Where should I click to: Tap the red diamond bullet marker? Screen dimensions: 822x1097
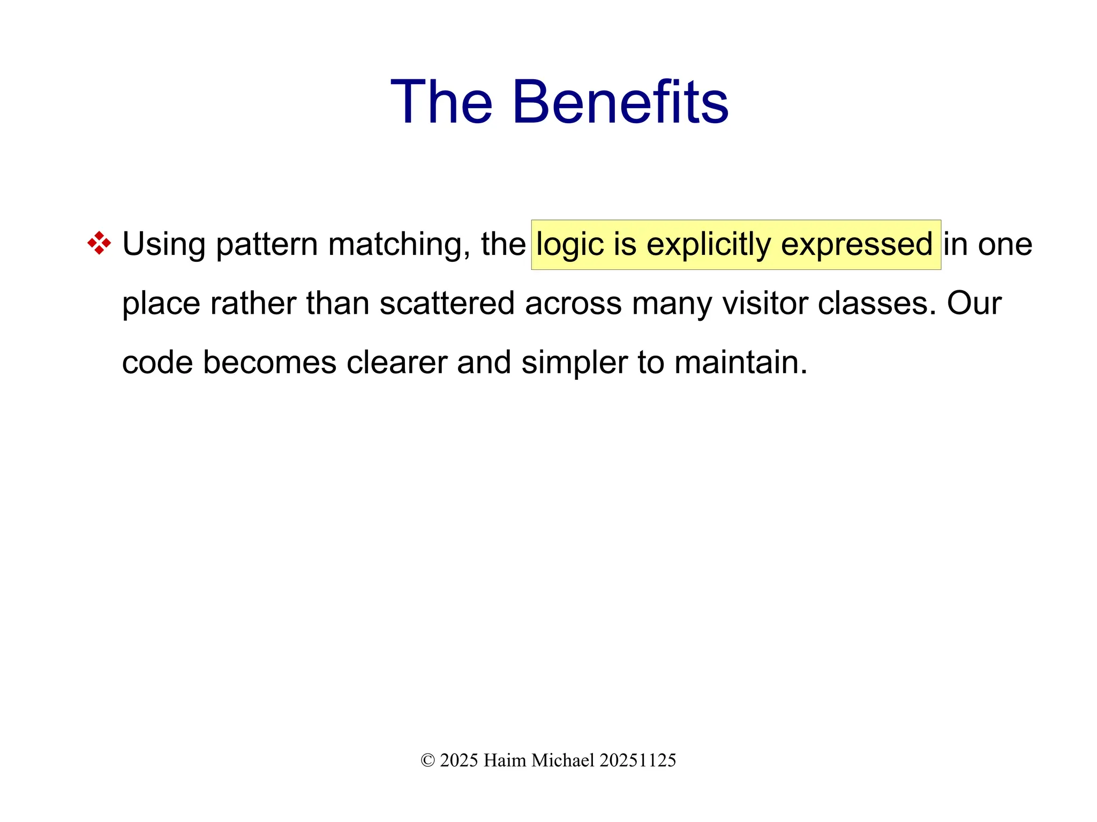point(99,243)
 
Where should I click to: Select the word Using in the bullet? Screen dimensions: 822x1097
point(163,245)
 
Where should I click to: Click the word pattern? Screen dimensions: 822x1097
point(267,245)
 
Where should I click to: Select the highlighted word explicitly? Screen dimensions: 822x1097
point(709,245)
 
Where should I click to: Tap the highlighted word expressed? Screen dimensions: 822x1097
point(856,245)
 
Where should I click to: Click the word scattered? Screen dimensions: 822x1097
point(447,303)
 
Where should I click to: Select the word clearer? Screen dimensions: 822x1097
point(396,363)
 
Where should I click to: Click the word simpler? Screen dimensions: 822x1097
point(574,363)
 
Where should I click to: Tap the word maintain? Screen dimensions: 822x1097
point(740,363)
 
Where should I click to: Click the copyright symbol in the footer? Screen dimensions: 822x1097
point(427,760)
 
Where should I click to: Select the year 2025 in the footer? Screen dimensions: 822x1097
point(459,760)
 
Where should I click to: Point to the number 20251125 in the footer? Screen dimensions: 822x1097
point(637,760)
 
